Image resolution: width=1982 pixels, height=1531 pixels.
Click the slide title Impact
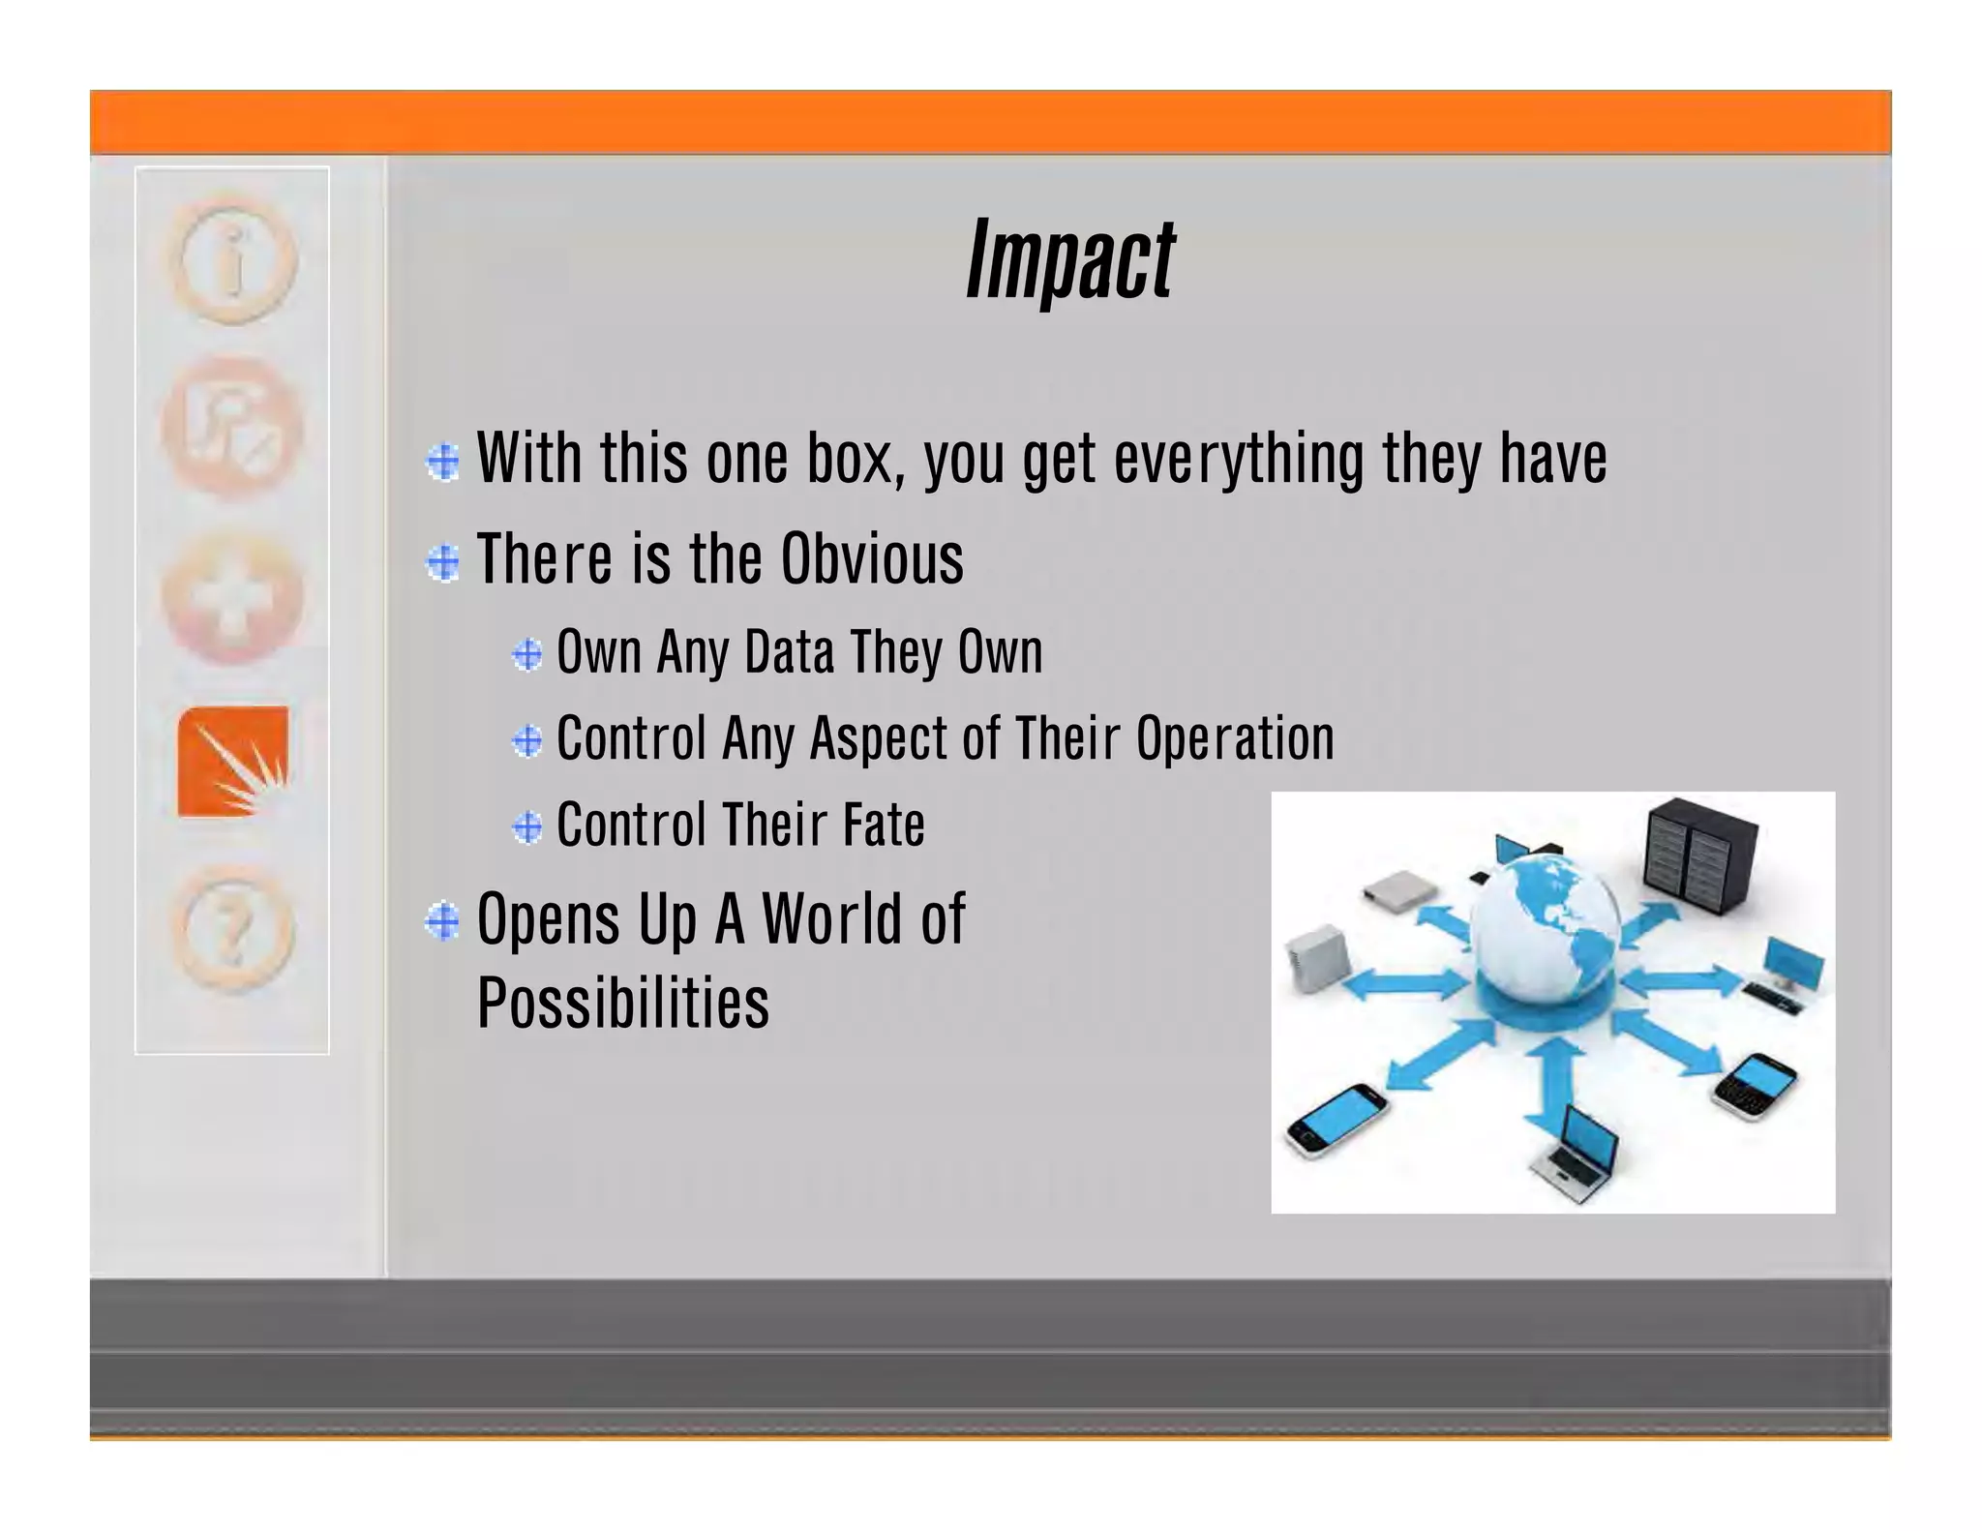pyautogui.click(x=1070, y=258)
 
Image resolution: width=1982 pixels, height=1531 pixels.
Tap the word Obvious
pyautogui.click(x=872, y=559)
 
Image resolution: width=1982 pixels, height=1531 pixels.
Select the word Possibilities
pyautogui.click(x=623, y=1003)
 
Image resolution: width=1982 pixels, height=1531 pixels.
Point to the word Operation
pyautogui.click(x=1235, y=738)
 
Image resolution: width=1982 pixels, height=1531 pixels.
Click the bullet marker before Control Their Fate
pyautogui.click(x=527, y=826)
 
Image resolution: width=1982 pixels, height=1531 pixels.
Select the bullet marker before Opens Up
pyautogui.click(x=443, y=920)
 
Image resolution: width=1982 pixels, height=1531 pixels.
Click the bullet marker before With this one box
pyautogui.click(x=443, y=462)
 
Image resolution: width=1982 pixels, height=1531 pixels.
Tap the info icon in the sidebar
pyautogui.click(x=232, y=259)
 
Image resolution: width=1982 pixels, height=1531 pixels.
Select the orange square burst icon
pyautogui.click(x=232, y=762)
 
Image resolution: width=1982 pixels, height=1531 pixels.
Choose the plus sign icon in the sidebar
pyautogui.click(x=232, y=600)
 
